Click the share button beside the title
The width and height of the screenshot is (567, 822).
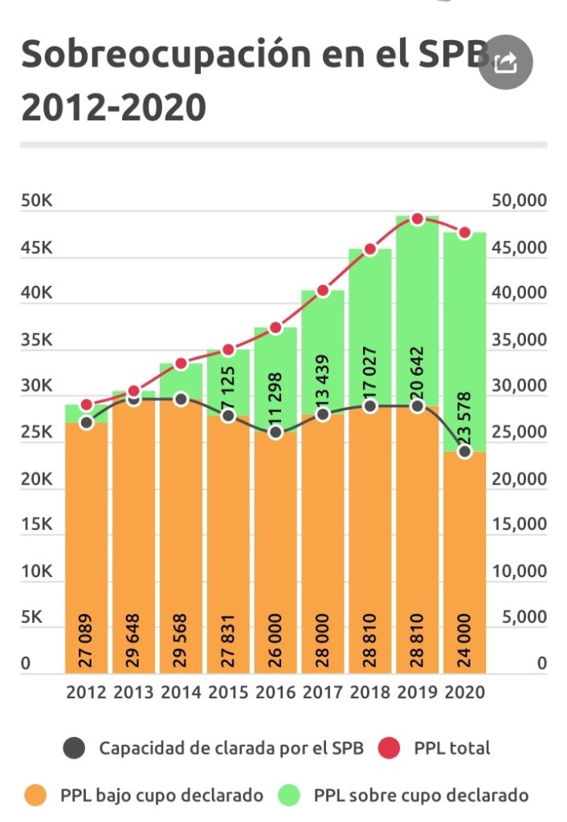coord(505,63)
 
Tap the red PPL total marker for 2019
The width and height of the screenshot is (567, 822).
coord(417,218)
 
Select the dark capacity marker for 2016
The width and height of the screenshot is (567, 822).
coord(275,433)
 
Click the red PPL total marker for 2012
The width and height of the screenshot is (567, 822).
coord(87,405)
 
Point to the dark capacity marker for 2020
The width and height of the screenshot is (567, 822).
coord(464,451)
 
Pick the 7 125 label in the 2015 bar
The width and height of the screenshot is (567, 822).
coord(228,386)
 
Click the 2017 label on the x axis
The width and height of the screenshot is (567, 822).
coord(323,692)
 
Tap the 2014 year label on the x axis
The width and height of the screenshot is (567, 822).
coord(181,692)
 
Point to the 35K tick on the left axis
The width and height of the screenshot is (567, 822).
coord(36,340)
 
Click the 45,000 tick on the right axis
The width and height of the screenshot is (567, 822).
coord(518,247)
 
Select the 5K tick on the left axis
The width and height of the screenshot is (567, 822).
coord(31,618)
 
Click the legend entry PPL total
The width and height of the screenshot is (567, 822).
coord(451,748)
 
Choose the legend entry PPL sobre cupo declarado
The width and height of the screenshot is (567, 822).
coord(421,796)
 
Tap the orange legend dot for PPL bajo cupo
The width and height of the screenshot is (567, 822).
coord(37,796)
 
